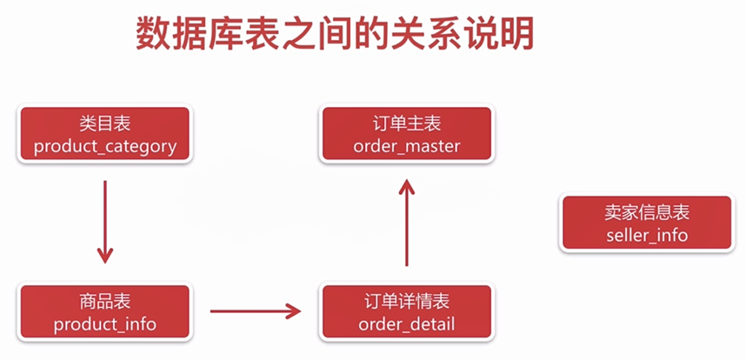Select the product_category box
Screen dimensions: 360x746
click(105, 135)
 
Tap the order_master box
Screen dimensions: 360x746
click(406, 135)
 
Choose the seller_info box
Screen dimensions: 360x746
click(647, 223)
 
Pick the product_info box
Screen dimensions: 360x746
click(105, 312)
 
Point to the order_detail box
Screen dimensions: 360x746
click(406, 312)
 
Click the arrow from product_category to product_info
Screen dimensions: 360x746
click(105, 221)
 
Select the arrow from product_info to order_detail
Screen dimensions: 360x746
click(255, 309)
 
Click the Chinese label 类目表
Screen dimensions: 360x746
click(105, 124)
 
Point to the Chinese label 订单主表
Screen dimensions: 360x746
click(406, 124)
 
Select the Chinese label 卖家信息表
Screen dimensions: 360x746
click(647, 213)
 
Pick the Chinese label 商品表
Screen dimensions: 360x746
click(105, 302)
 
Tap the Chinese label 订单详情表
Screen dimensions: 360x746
click(406, 302)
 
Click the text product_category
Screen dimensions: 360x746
click(105, 146)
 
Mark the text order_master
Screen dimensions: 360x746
click(406, 146)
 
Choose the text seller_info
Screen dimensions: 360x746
click(647, 235)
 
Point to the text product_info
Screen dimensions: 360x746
click(105, 324)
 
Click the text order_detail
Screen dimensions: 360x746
click(406, 324)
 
